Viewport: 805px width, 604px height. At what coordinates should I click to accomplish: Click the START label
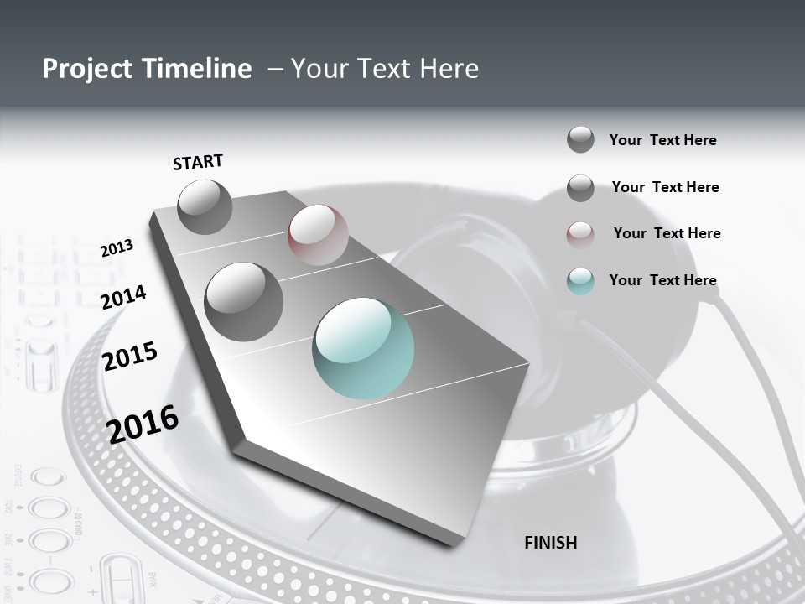[198, 162]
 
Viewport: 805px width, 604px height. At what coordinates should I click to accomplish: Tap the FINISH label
[550, 543]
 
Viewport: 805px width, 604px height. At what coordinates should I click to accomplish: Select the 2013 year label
[117, 247]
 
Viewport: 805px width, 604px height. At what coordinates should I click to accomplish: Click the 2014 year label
[124, 297]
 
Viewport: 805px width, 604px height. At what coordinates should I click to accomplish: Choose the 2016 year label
[143, 424]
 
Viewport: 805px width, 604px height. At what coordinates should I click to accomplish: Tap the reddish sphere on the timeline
[318, 235]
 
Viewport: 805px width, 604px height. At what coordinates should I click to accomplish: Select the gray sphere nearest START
[205, 207]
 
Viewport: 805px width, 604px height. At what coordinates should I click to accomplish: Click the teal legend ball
[580, 281]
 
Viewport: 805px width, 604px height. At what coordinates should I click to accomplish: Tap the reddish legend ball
[580, 234]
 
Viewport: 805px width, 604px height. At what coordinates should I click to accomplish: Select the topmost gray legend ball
[580, 139]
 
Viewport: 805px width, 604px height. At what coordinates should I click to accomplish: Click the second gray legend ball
[580, 188]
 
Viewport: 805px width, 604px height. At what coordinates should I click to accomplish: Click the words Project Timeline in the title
[147, 69]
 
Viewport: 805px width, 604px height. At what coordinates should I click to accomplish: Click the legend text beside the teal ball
[662, 280]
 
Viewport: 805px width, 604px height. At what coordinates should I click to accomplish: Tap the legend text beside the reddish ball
[667, 233]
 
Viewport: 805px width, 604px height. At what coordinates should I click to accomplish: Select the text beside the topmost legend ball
[662, 140]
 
